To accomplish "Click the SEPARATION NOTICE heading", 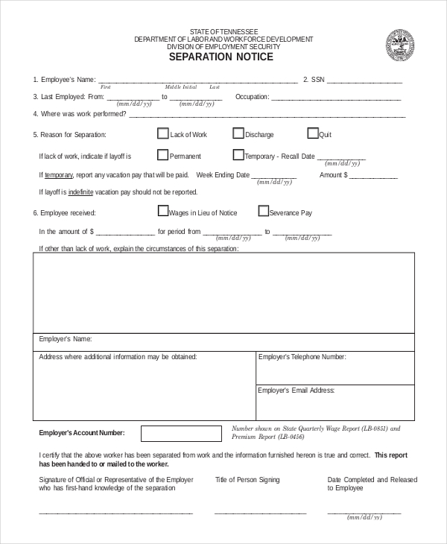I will click(x=221, y=57).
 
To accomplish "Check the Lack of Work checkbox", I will click(x=162, y=134).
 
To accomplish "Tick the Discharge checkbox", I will click(x=238, y=134).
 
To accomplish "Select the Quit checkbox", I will click(x=313, y=134).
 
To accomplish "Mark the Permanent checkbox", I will click(x=162, y=156).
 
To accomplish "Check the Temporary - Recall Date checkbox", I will click(x=238, y=156).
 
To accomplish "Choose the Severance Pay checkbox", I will click(x=263, y=212).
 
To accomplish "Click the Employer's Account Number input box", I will click(x=181, y=433).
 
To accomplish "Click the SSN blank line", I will click(x=364, y=80).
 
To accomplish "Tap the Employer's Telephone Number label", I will click(x=302, y=358).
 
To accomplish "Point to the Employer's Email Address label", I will click(x=297, y=390).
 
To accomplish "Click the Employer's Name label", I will click(x=65, y=339).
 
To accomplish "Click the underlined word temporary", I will click(x=59, y=175).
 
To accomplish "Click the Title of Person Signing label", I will click(x=247, y=480).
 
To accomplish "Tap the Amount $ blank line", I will click(x=373, y=177).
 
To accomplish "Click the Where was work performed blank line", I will click(x=267, y=116).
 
